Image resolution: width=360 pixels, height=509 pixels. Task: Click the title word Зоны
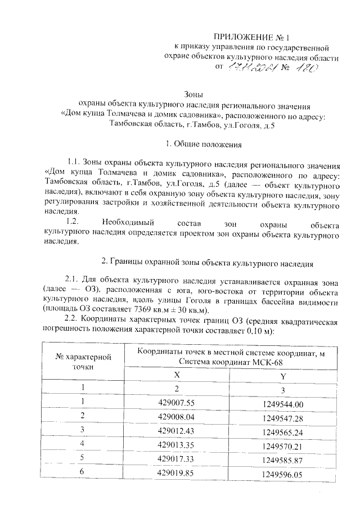[193, 94]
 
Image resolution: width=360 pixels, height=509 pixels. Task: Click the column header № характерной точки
[83, 362]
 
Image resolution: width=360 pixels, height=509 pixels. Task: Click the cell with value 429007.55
[176, 403]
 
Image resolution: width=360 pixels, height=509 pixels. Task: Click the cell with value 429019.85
[176, 473]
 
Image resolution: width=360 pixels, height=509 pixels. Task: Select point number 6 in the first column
[82, 473]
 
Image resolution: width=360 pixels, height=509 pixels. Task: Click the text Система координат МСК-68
[231, 362]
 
